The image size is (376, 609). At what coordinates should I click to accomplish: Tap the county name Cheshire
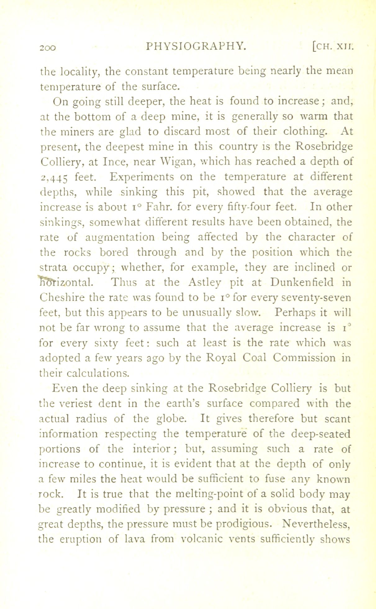pyautogui.click(x=62, y=298)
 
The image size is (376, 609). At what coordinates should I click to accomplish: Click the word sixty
pyautogui.click(x=106, y=343)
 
